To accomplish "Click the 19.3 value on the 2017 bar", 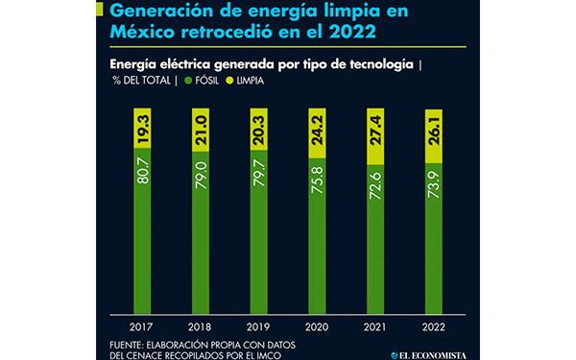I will (x=145, y=128).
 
